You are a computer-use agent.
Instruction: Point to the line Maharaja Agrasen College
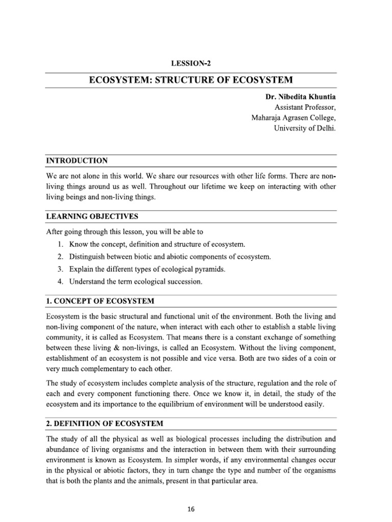point(293,118)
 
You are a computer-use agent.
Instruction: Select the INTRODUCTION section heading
point(77,161)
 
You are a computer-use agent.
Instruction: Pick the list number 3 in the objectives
point(60,269)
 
